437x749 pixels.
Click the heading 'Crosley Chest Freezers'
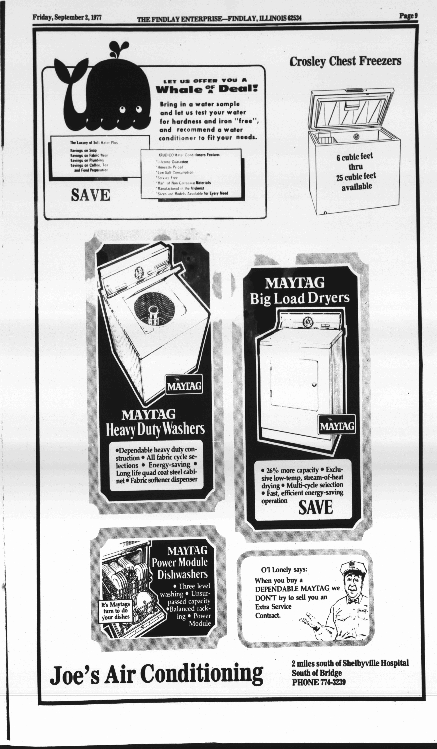click(x=345, y=61)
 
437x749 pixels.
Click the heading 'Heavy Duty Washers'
click(x=155, y=429)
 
